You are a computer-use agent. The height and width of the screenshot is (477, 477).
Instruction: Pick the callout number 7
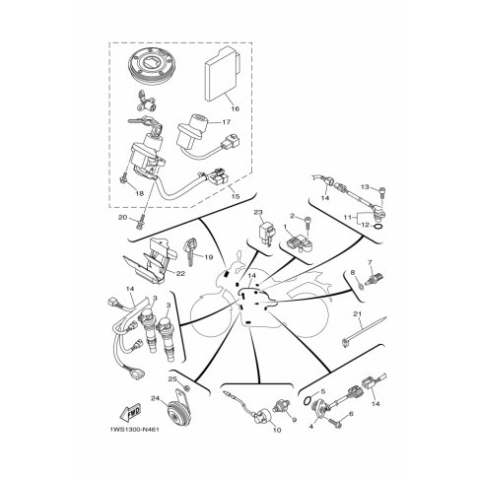click(x=370, y=263)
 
